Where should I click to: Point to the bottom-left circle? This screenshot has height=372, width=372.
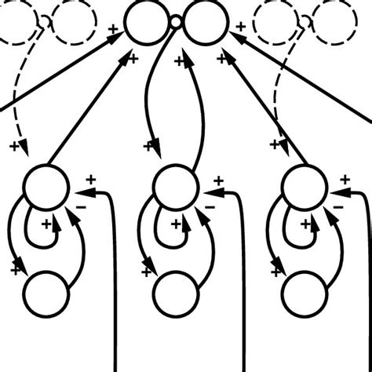(46, 294)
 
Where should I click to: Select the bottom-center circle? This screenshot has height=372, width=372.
(174, 294)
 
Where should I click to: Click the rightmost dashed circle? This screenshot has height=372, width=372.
(333, 24)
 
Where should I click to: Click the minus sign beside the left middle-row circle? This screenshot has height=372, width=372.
(82, 207)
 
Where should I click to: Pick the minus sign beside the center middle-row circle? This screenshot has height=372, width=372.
(210, 207)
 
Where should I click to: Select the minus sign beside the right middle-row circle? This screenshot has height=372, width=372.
(337, 207)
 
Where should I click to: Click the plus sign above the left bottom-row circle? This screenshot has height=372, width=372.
(16, 269)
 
